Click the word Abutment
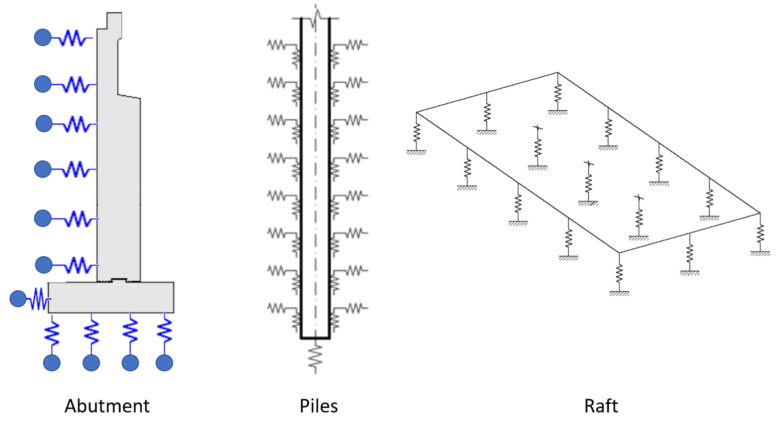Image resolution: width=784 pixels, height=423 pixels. point(107,405)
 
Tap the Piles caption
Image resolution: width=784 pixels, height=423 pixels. point(319,405)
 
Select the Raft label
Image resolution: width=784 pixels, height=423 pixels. point(601,405)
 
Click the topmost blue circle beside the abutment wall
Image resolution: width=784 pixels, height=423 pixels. point(43,37)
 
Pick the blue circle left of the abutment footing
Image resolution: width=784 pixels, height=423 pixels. point(18,299)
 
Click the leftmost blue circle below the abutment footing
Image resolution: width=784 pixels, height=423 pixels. point(52,362)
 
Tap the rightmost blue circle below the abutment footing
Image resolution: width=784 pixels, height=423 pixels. point(164,362)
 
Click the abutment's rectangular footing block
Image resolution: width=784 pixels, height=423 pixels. point(111,298)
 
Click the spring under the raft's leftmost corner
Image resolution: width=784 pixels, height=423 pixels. point(417,132)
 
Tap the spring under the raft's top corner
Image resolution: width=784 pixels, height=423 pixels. point(558,93)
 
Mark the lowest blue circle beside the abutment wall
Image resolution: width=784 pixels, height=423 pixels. point(44,265)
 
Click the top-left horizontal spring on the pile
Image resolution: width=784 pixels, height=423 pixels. point(276,45)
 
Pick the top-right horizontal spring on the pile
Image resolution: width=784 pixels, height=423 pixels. point(354,45)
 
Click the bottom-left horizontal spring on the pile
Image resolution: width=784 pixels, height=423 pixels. point(276,308)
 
